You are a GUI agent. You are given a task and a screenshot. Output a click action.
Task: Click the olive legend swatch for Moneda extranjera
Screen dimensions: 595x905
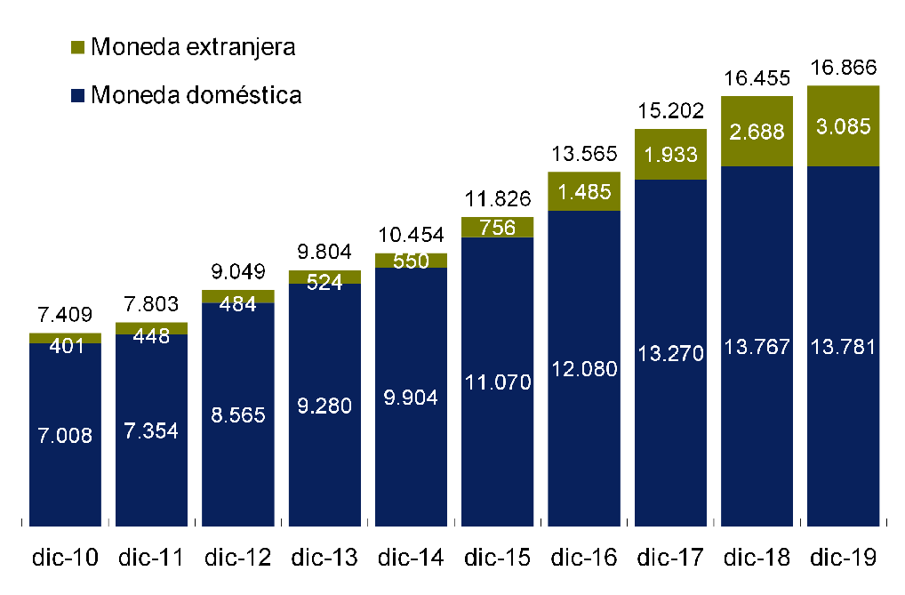[x=77, y=47]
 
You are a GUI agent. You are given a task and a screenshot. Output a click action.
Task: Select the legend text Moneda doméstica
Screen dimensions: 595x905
[x=196, y=94]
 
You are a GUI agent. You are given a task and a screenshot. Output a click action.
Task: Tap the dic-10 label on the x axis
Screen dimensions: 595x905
[x=65, y=558]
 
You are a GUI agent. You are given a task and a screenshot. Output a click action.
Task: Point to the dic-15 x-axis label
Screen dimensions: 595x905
[x=497, y=558]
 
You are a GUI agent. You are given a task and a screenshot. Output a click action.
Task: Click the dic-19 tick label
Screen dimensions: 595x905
[x=843, y=558]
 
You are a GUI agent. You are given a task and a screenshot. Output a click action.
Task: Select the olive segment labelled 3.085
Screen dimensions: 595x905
[x=843, y=125]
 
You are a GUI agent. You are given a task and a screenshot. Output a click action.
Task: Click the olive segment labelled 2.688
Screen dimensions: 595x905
[x=757, y=131]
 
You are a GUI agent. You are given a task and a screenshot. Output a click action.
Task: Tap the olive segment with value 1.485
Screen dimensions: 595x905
[x=583, y=190]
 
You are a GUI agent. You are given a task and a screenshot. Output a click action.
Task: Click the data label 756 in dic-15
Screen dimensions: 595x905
[x=497, y=227]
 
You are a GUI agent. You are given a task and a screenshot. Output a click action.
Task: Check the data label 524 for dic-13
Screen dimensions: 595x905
[x=324, y=284]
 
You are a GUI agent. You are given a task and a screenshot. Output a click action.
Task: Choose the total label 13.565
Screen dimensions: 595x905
[x=583, y=155]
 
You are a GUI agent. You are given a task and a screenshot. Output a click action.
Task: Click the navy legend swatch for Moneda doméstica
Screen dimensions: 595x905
[x=77, y=95]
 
